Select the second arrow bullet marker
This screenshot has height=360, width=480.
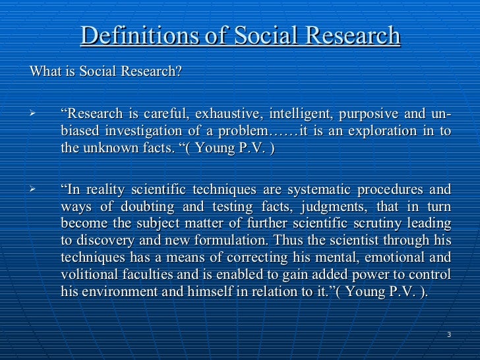[x=30, y=191]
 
